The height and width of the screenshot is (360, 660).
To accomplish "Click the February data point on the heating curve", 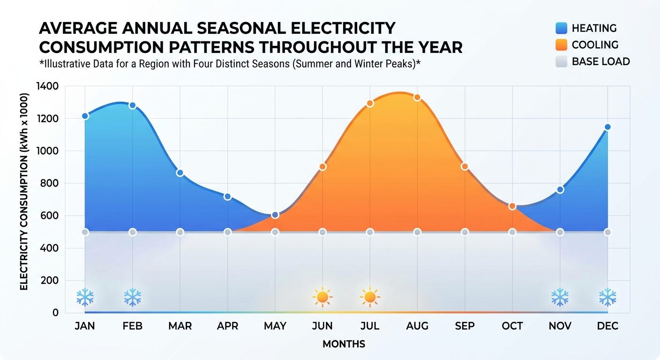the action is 133,105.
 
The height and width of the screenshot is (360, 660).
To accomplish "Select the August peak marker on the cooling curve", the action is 417,97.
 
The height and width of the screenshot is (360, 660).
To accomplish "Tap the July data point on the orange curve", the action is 370,103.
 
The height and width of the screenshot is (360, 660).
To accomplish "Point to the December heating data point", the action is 607,127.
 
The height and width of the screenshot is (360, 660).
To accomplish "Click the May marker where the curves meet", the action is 275,215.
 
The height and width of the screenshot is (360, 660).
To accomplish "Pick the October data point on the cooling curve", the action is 512,206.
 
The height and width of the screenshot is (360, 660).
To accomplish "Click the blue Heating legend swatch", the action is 561,28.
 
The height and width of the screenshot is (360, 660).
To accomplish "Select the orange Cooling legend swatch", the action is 561,45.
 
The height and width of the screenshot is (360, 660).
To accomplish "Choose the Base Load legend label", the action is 601,61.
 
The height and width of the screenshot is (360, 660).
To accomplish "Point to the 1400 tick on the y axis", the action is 47,86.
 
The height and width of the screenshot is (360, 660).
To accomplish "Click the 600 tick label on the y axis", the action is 50,216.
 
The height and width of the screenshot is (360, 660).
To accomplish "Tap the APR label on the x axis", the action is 227,326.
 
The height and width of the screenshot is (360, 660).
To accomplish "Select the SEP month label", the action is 465,326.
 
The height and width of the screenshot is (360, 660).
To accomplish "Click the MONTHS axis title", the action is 344,344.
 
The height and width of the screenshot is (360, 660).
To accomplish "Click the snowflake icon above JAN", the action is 85,297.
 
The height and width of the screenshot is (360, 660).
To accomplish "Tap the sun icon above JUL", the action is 370,297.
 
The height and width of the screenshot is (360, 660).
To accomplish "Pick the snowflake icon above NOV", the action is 560,297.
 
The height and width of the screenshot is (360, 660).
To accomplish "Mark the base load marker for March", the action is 180,232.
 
